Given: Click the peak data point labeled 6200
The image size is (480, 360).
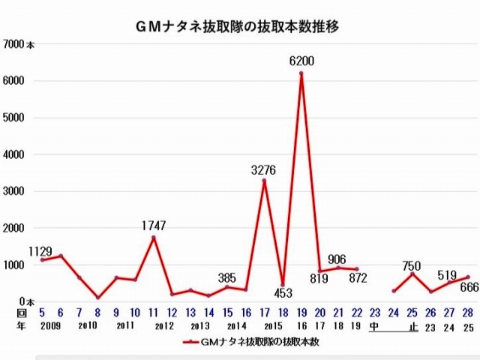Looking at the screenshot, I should [x=301, y=73].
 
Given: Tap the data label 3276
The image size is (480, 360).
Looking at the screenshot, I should [x=265, y=170].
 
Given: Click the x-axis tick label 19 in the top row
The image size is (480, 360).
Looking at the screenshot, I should [x=301, y=312].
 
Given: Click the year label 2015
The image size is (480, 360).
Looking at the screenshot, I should [x=273, y=325].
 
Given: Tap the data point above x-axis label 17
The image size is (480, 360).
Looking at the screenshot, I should [x=264, y=181].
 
